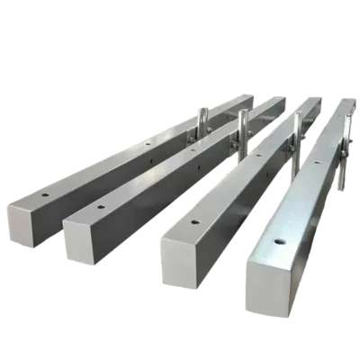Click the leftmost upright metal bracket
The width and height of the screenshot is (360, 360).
(x=202, y=126)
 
